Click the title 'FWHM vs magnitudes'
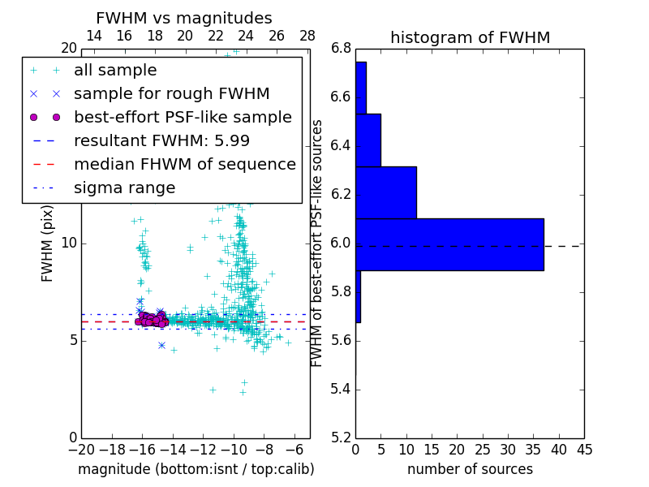pyautogui.click(x=184, y=18)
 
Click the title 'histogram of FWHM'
pyautogui.click(x=470, y=37)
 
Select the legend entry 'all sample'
pyautogui.click(x=115, y=71)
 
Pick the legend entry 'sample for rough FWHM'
pyautogui.click(x=171, y=94)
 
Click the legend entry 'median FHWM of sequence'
pyautogui.click(x=184, y=164)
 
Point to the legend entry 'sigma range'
pyautogui.click(x=124, y=187)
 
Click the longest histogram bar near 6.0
pyautogui.click(x=449, y=244)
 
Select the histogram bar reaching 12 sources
pyautogui.click(x=386, y=192)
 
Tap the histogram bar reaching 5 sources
pyautogui.click(x=368, y=140)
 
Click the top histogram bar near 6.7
pyautogui.click(x=361, y=88)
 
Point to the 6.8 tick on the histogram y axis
pyautogui.click(x=341, y=49)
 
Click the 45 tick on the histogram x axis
pyautogui.click(x=584, y=450)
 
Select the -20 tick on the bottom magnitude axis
pyautogui.click(x=81, y=450)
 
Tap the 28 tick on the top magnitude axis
pyautogui.click(x=307, y=36)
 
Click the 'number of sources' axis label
pyautogui.click(x=470, y=469)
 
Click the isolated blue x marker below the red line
pyautogui.click(x=161, y=345)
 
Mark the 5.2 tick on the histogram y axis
pyautogui.click(x=341, y=437)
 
